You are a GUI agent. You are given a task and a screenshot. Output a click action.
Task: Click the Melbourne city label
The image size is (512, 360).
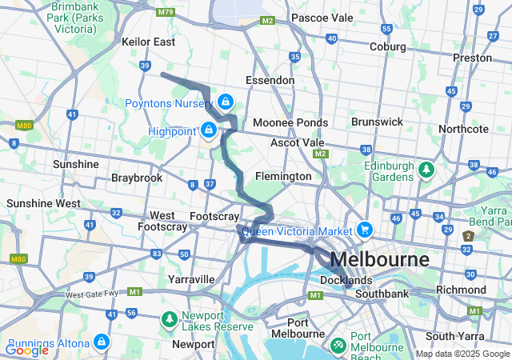point(378,260)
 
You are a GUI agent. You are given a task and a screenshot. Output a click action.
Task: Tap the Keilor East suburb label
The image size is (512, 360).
point(149,42)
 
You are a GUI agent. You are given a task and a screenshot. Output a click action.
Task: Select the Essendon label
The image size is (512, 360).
point(270,81)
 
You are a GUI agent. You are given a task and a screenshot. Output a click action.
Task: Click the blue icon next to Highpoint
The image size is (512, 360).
point(209,130)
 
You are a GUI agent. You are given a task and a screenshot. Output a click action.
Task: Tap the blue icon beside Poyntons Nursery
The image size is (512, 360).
point(226,102)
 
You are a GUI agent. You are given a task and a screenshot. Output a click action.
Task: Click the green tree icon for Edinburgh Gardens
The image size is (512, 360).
point(427,170)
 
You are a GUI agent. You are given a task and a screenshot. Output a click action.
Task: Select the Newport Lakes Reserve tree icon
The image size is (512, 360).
point(169,320)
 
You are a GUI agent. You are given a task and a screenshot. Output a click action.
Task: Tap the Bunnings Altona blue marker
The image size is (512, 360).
point(101,342)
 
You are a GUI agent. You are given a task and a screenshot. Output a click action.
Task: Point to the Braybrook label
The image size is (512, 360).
point(137,178)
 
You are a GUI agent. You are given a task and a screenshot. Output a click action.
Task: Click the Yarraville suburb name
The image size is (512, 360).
point(191,279)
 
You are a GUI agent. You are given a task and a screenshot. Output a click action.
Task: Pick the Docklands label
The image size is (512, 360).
point(346,281)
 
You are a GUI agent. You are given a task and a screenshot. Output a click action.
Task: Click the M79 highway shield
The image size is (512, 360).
point(166,12)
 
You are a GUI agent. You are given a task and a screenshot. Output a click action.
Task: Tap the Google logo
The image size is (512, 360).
point(26,350)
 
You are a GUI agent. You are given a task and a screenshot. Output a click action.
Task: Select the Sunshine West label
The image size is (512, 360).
point(43,203)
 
